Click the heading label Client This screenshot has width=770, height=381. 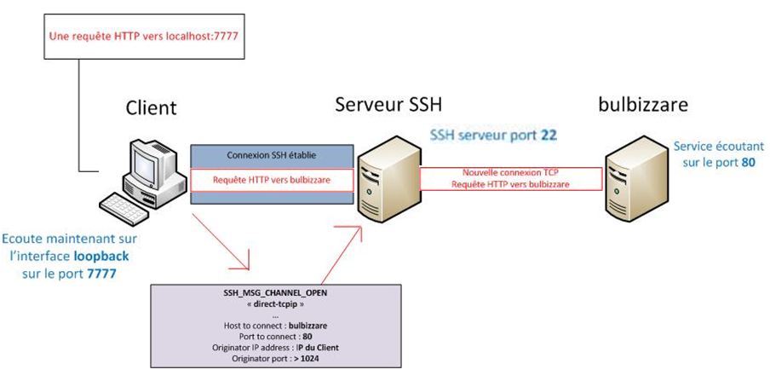151,107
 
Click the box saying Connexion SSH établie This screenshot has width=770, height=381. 271,155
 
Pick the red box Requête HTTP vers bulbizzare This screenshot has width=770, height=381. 271,180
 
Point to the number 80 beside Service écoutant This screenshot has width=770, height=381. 748,161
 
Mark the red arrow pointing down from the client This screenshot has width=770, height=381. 226,243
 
